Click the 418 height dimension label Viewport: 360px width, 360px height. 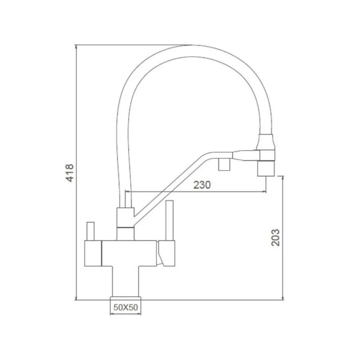[70, 173]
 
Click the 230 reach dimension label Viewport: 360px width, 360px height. [202, 185]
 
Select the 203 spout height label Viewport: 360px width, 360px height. [275, 237]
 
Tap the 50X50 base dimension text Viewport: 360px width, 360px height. [126, 307]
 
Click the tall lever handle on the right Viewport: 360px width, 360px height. [170, 220]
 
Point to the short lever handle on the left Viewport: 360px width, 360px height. [90, 231]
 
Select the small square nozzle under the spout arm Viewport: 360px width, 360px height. [224, 165]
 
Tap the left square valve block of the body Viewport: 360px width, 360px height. [93, 253]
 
